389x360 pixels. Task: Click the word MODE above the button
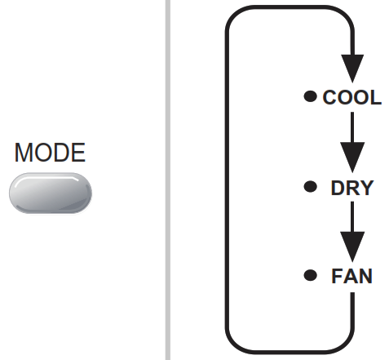pos(50,153)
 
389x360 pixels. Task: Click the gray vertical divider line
pos(168,180)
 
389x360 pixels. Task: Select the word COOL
pos(351,98)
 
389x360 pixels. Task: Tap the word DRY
pos(351,188)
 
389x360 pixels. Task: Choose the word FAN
pos(351,276)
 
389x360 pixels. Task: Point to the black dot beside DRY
pos(309,187)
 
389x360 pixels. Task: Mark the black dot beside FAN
pos(309,275)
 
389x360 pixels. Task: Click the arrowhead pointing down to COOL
pos(352,67)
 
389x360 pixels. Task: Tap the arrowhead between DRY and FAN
pos(352,243)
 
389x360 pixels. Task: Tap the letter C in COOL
pos(330,98)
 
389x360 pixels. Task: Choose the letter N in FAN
pos(365,276)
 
